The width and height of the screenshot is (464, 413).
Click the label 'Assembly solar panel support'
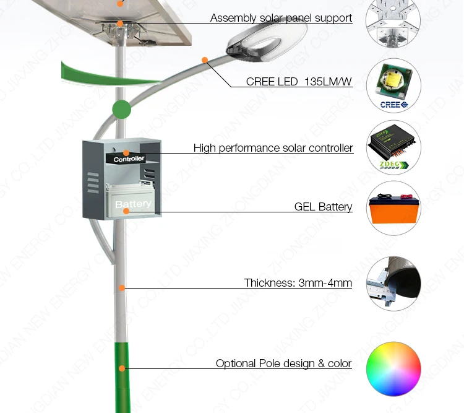[x=281, y=18]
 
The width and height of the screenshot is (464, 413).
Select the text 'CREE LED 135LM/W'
[x=299, y=82]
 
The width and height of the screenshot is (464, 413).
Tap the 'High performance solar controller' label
[x=273, y=148]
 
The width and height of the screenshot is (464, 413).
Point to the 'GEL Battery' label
[x=323, y=207]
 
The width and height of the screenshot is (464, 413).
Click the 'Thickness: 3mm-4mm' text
[x=298, y=283]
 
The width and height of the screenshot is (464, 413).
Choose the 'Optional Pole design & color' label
[x=283, y=363]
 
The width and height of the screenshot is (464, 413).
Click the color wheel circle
[x=393, y=368]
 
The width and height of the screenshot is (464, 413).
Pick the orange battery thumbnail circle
[x=393, y=208]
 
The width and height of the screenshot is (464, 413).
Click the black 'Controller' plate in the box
[x=129, y=159]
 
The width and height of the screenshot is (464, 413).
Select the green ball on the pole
[x=122, y=110]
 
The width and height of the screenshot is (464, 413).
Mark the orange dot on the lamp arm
[x=204, y=60]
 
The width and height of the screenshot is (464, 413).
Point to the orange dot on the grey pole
[x=122, y=287]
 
